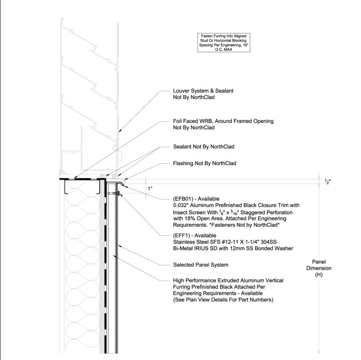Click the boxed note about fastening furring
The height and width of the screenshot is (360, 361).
click(224, 43)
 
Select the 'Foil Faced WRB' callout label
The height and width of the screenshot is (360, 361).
click(223, 124)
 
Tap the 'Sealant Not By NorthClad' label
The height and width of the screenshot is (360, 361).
click(204, 146)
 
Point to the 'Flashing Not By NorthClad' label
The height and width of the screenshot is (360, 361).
click(204, 163)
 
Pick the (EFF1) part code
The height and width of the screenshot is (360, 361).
click(181, 236)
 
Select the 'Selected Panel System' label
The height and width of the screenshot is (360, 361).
click(201, 265)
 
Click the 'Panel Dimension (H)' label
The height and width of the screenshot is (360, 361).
click(319, 268)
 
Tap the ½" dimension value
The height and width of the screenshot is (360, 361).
click(328, 182)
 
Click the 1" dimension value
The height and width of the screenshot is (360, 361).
click(150, 189)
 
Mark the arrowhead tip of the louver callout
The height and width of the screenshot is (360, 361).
click(118, 132)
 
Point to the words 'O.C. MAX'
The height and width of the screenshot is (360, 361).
click(224, 49)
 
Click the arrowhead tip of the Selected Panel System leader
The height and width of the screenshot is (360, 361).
click(118, 246)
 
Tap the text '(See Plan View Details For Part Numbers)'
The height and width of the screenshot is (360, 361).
click(223, 300)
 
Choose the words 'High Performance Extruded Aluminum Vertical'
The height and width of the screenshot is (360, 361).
click(228, 280)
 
